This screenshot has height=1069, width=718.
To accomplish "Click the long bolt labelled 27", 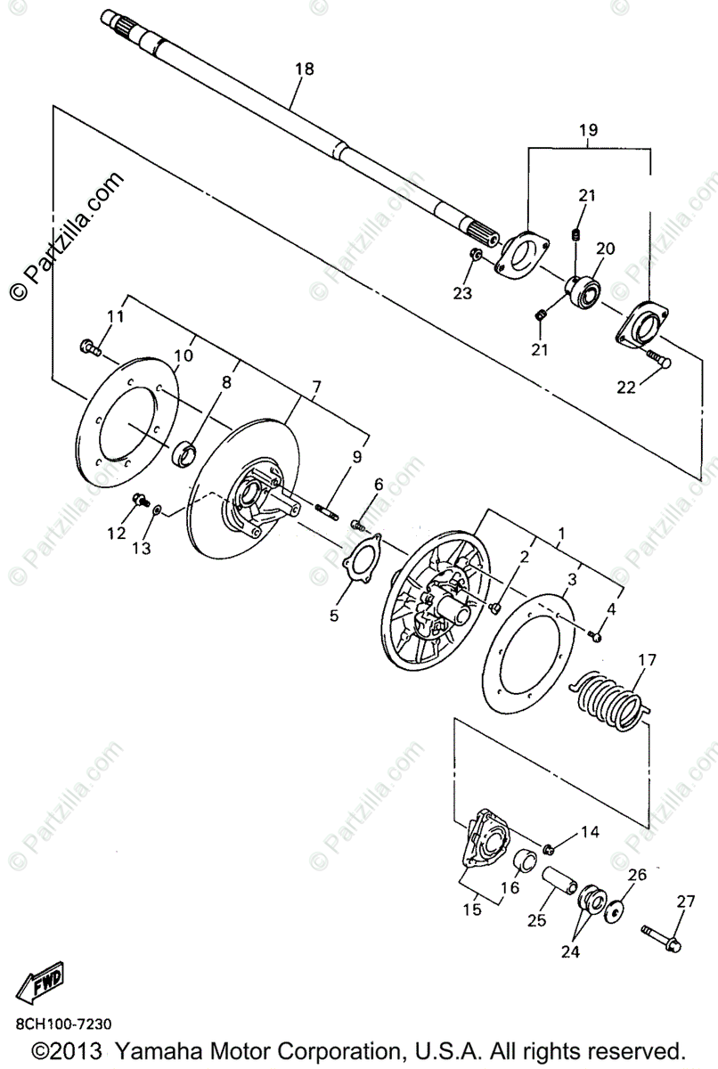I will tap(662, 935).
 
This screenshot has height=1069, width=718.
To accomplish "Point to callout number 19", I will tap(588, 130).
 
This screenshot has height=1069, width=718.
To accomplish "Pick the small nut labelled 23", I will tap(476, 257).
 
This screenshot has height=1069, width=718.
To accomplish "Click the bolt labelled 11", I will tap(88, 346).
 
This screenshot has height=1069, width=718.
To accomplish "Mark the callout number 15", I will tap(471, 910).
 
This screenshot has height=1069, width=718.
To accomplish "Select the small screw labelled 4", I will tap(595, 637).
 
